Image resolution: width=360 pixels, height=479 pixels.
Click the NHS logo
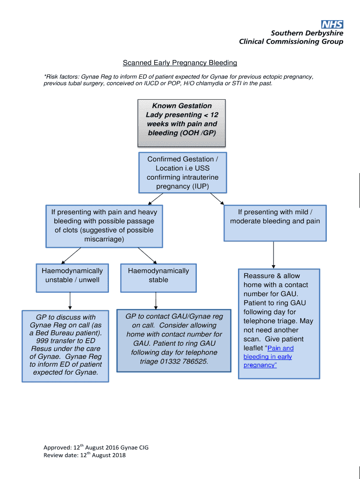(x=332, y=25)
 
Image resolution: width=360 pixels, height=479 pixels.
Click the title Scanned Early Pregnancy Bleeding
(x=180, y=63)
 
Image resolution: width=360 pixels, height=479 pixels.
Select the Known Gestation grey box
(x=181, y=123)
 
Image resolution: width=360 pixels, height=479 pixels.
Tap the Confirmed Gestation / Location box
(x=182, y=173)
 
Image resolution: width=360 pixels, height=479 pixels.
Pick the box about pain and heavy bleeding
(x=104, y=226)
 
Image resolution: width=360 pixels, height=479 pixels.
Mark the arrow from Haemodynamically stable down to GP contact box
(x=156, y=300)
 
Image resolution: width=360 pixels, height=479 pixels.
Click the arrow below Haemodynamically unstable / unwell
(x=70, y=300)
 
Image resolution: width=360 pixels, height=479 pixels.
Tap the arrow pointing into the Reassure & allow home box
(x=274, y=255)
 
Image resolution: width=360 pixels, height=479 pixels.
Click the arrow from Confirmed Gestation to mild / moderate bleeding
(x=216, y=198)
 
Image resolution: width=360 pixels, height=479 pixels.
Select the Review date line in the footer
(x=85, y=455)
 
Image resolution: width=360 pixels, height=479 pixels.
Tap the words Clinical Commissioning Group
(x=291, y=42)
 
